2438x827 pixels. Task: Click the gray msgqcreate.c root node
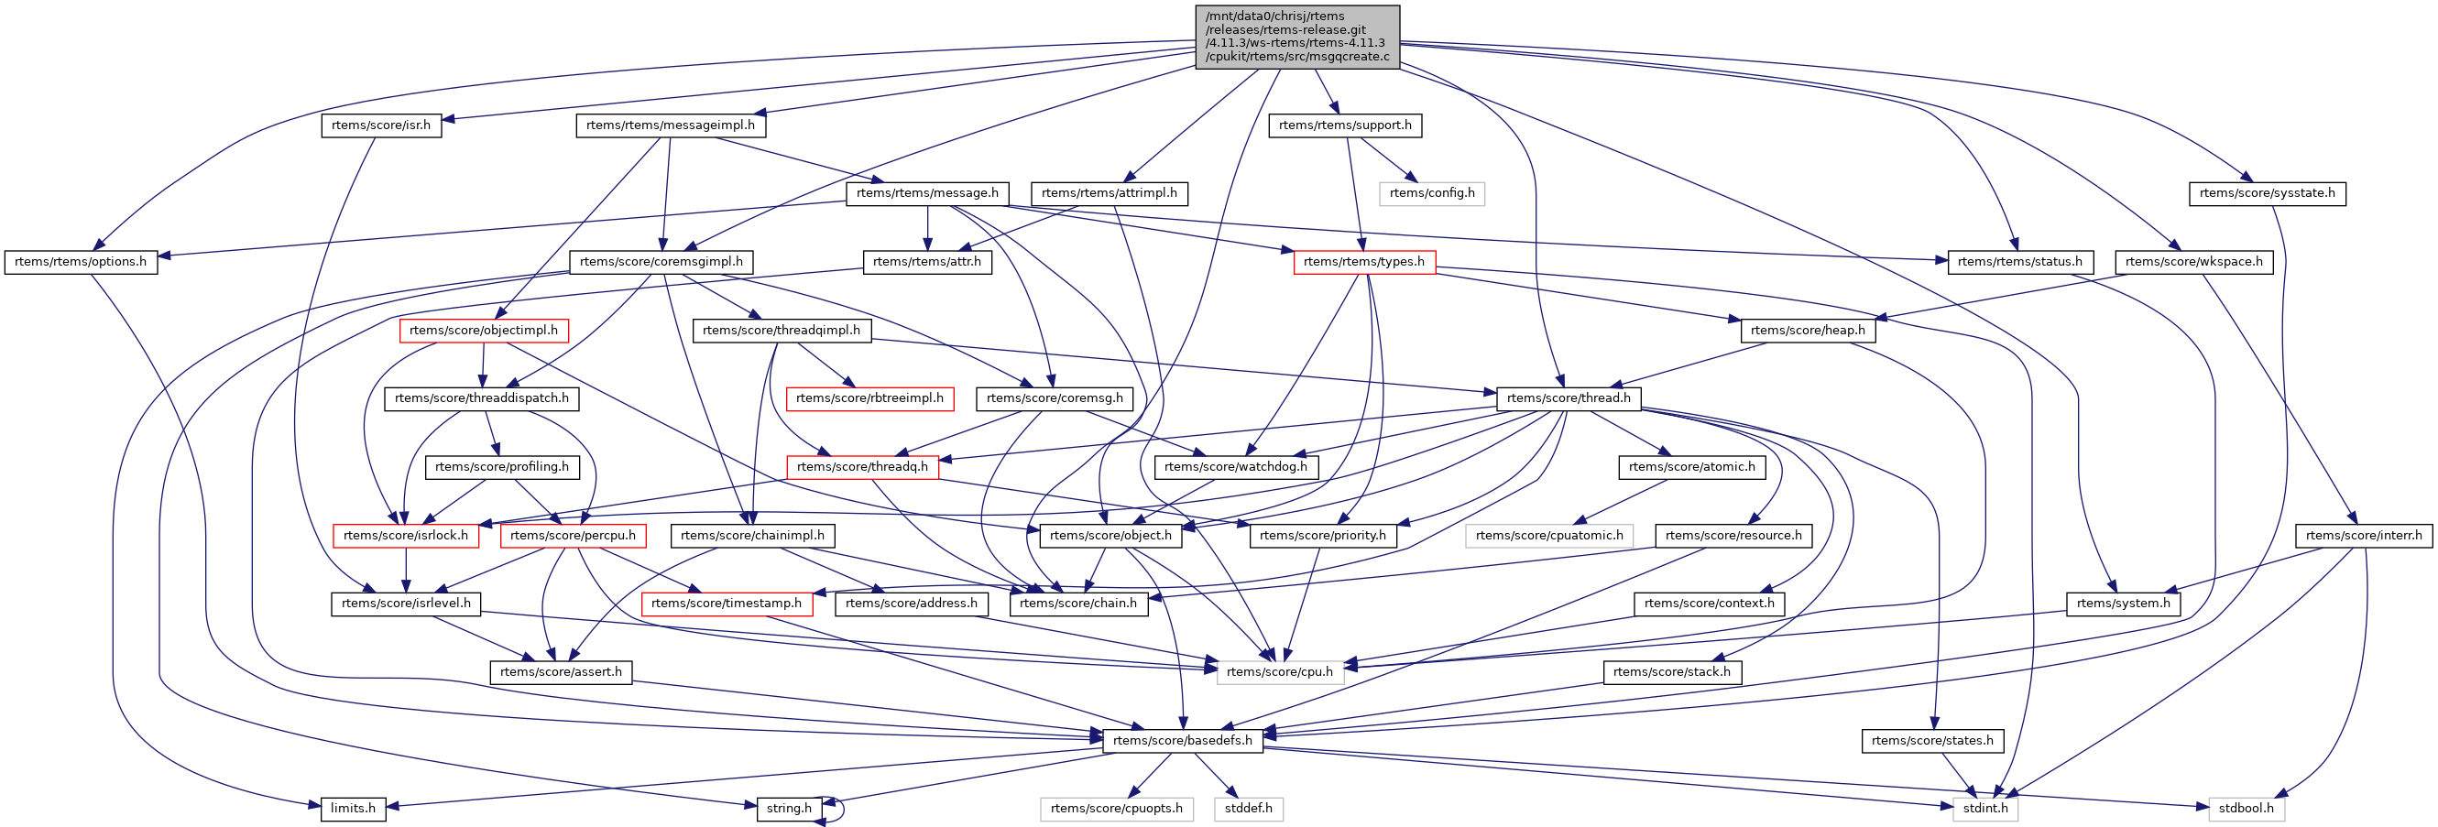[x=1296, y=37]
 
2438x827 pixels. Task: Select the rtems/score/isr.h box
[x=380, y=125]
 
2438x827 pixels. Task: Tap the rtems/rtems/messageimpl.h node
[x=670, y=125]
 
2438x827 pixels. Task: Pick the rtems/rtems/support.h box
[x=1344, y=125]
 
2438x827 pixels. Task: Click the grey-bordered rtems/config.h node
[x=1431, y=193]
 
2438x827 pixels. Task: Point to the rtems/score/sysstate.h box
[x=2266, y=193]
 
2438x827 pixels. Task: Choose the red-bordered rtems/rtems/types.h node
[x=1363, y=262]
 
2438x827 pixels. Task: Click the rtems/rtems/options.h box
[x=81, y=262]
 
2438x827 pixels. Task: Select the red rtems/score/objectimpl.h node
[x=483, y=331]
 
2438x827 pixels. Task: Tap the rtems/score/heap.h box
[x=1807, y=331]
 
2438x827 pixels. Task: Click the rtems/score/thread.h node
[x=1569, y=398]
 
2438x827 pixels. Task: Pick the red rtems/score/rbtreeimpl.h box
[x=869, y=398]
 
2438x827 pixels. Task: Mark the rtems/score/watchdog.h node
[x=1235, y=466]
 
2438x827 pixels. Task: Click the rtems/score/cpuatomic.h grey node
[x=1548, y=536]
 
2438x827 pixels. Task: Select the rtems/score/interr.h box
[x=2363, y=536]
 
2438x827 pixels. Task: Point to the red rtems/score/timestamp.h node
[x=726, y=604]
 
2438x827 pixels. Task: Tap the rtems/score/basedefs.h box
[x=1182, y=741]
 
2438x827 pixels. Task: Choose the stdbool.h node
[x=2245, y=809]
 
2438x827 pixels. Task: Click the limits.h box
[x=353, y=809]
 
